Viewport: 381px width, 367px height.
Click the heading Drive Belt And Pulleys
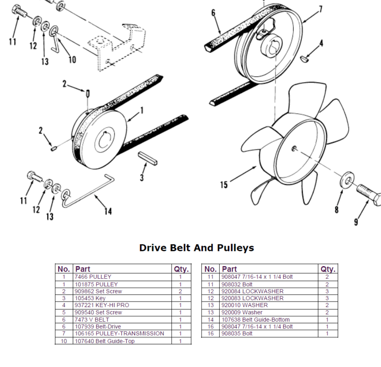(196, 248)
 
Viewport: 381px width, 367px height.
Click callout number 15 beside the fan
(224, 185)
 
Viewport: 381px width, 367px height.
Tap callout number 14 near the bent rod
(108, 211)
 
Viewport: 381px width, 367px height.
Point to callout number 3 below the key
(142, 178)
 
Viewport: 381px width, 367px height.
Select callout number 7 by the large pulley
(320, 9)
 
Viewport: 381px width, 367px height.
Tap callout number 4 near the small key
(321, 43)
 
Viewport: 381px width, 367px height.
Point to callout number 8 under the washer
(337, 209)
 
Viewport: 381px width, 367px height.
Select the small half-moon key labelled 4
(304, 59)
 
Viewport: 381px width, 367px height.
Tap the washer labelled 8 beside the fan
(348, 180)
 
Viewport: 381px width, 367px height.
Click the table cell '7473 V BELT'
(92, 319)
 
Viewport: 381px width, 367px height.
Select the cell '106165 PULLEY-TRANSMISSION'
(119, 334)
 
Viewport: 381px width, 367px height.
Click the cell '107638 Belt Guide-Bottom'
(255, 320)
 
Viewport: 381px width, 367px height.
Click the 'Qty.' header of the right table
(328, 269)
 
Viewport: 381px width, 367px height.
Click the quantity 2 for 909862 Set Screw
(180, 291)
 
